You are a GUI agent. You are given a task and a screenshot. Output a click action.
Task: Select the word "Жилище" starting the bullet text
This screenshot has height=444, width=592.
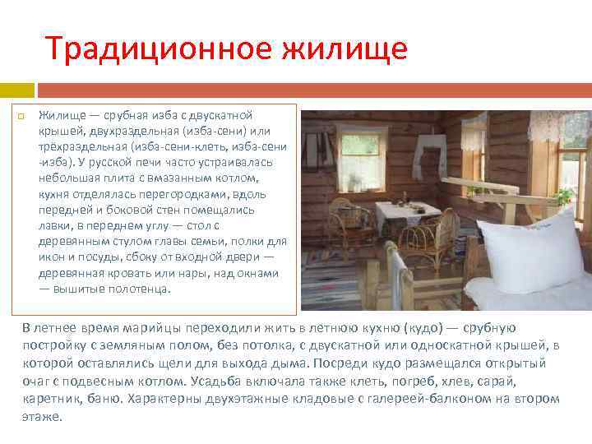58,115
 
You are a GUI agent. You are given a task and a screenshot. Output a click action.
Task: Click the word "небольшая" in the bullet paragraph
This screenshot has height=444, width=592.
66,178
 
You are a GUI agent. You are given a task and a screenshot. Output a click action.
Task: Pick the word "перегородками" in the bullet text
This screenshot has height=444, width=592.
195,193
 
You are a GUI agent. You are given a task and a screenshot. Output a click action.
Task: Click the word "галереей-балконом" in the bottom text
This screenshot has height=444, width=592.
441,399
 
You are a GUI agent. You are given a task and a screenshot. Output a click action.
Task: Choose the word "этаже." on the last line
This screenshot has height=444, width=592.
42,416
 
